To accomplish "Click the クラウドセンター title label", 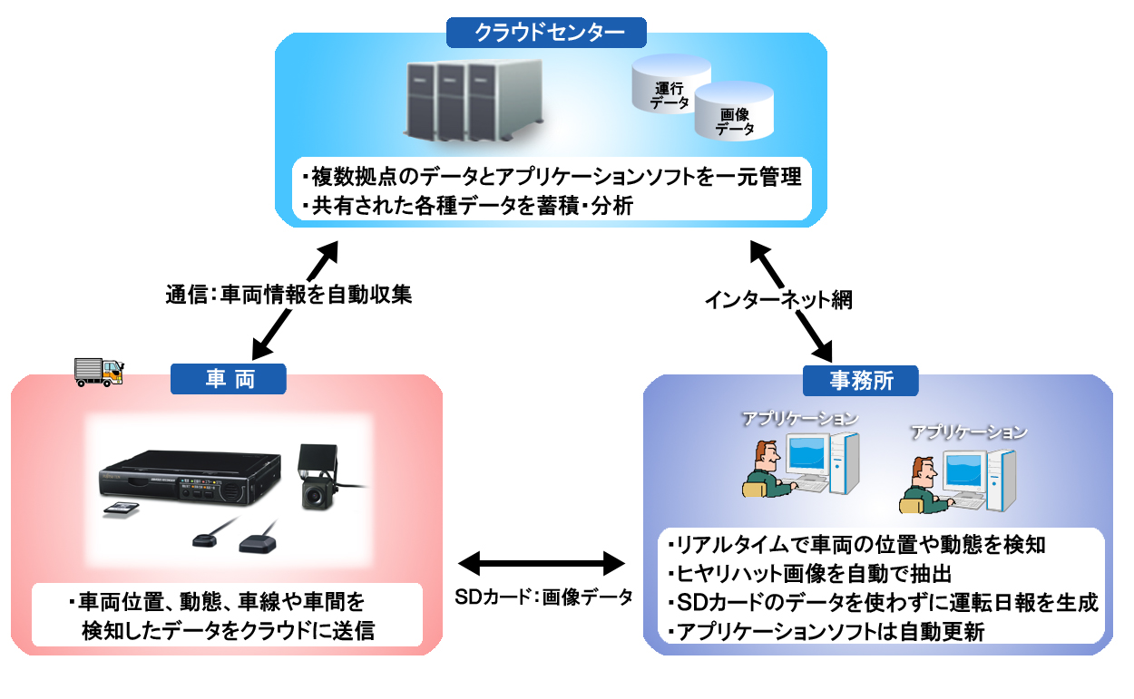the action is pyautogui.click(x=546, y=33).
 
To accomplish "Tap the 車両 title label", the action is pyautogui.click(x=229, y=379).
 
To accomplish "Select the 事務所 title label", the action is pyautogui.click(x=861, y=381).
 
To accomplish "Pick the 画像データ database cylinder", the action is pyautogui.click(x=734, y=112).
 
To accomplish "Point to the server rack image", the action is pyautogui.click(x=474, y=100).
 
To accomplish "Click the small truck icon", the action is pyautogui.click(x=99, y=373).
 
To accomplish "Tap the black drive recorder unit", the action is pyautogui.click(x=190, y=477).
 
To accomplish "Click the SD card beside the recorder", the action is pyautogui.click(x=121, y=509).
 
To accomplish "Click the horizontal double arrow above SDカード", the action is pyautogui.click(x=542, y=563).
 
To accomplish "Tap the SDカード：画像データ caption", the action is pyautogui.click(x=543, y=597).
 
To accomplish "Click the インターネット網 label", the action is pyautogui.click(x=778, y=299).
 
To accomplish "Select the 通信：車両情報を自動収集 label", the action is pyautogui.click(x=288, y=295).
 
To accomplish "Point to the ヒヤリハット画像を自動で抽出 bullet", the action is pyautogui.click(x=809, y=574).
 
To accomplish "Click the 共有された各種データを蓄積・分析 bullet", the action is pyautogui.click(x=467, y=206).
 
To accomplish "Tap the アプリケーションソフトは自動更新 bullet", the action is pyautogui.click(x=826, y=632).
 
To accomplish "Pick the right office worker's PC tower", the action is pyautogui.click(x=1002, y=481).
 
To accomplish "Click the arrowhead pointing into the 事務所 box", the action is pyautogui.click(x=823, y=352).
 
